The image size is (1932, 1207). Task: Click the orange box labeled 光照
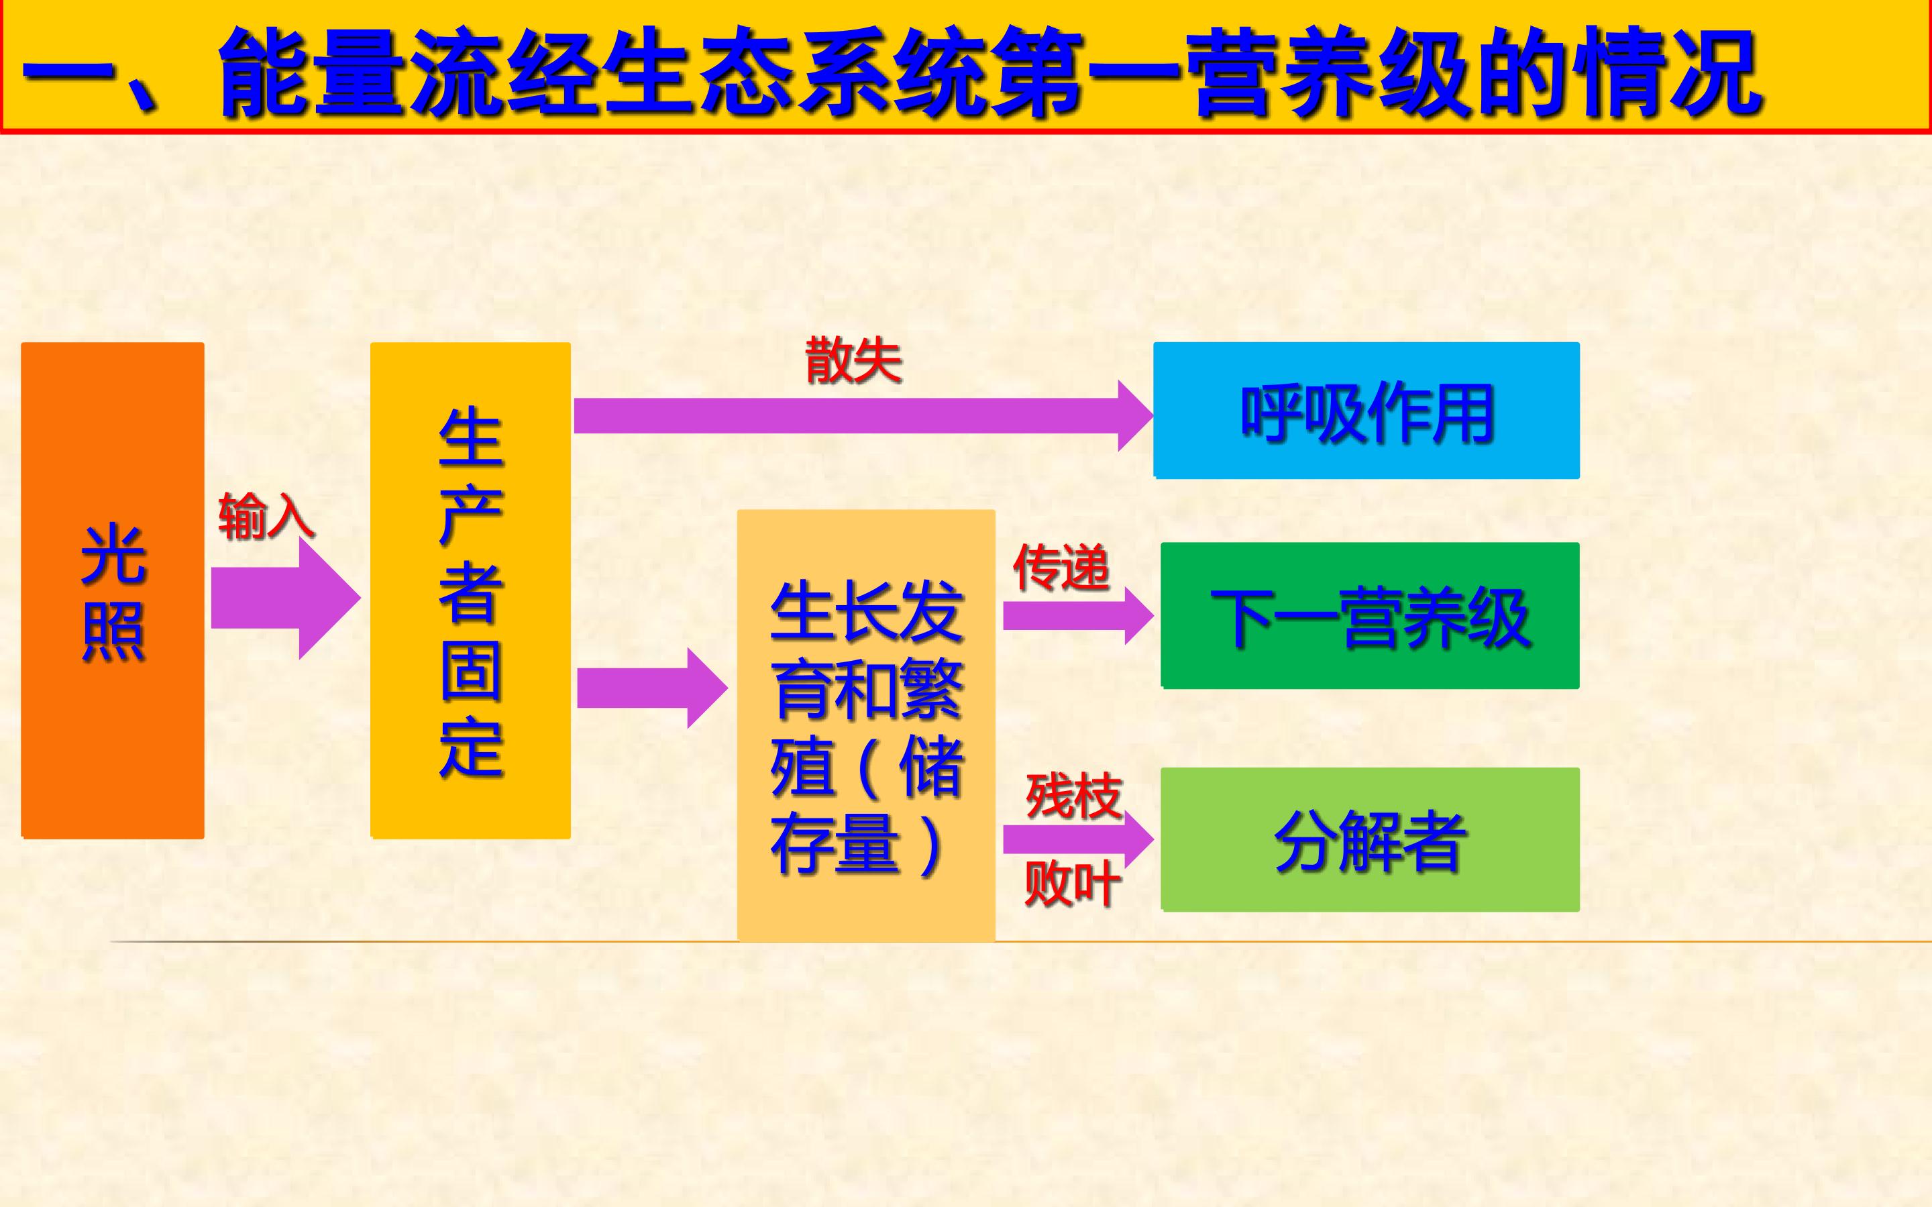(113, 590)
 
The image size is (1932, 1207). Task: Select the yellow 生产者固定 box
(470, 590)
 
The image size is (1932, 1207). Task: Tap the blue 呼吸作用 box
(1366, 411)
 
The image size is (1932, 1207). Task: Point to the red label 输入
(266, 517)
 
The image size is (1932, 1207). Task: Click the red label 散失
(853, 360)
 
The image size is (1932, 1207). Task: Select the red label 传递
(1061, 568)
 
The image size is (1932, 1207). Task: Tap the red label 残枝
(1074, 796)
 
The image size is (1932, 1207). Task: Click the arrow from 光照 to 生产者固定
(286, 598)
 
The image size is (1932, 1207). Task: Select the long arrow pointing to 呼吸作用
(863, 416)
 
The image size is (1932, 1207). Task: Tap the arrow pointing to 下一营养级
(1078, 615)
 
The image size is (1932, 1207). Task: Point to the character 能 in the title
(265, 72)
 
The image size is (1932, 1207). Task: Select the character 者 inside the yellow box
(471, 593)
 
